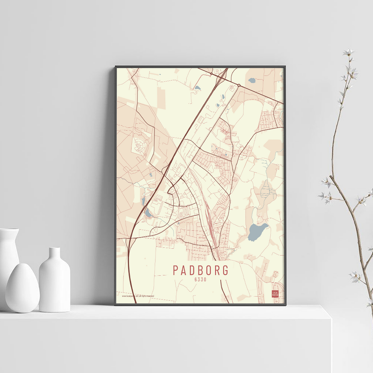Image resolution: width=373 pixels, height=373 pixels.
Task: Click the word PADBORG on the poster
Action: tap(200, 269)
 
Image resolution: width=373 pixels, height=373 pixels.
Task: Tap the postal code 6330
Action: tap(200, 279)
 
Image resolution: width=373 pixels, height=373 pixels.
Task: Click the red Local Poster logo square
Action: tap(275, 294)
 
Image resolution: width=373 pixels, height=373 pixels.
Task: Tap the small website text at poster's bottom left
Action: tap(138, 296)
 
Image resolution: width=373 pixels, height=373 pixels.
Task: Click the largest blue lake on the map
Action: tap(257, 231)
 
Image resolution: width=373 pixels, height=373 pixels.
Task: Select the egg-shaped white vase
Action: tap(22, 288)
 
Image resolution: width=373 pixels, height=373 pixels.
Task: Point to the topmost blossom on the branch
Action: tap(348, 52)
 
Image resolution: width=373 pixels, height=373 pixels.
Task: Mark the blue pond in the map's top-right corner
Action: tap(252, 80)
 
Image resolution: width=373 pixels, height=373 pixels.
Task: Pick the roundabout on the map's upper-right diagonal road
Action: tap(238, 85)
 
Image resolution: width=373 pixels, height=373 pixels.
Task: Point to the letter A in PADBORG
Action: tap(183, 269)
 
